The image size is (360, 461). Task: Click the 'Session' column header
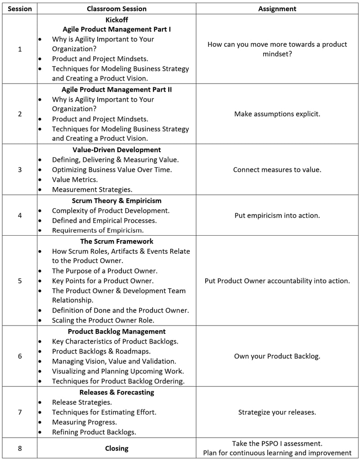[x=20, y=9]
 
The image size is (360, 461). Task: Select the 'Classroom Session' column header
[x=117, y=9]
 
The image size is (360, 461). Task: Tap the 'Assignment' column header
[x=277, y=9]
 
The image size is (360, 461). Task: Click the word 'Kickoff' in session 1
[x=117, y=20]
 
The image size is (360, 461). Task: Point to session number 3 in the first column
[x=20, y=170]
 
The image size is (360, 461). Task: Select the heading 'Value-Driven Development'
[x=117, y=150]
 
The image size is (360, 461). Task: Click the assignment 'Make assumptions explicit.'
[x=277, y=114]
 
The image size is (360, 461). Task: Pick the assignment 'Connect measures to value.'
[x=277, y=170]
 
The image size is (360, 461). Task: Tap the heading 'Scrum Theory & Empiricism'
[x=117, y=201]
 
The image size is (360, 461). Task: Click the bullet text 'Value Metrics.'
[x=75, y=179]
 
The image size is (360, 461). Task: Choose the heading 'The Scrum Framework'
[x=117, y=242]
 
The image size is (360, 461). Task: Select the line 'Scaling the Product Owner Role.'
[x=103, y=320]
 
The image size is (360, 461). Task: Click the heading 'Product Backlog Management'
[x=117, y=332]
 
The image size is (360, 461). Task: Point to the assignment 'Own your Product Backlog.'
[x=277, y=356]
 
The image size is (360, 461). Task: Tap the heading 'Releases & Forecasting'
[x=117, y=392]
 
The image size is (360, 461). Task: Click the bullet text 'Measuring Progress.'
[x=84, y=422]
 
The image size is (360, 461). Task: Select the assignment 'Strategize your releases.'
[x=277, y=412]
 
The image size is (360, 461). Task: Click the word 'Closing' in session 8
[x=117, y=448]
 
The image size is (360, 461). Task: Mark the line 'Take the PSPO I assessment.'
[x=277, y=443]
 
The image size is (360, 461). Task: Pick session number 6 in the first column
[x=20, y=356]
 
